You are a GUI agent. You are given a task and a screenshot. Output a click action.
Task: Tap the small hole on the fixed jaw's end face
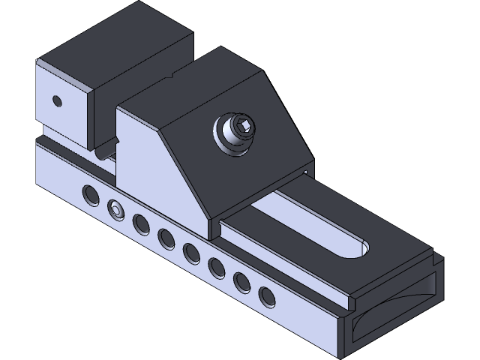[55, 99]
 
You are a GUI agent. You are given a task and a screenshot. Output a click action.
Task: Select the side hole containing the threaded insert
[115, 209]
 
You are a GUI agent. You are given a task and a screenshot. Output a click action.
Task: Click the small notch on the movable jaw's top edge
[173, 75]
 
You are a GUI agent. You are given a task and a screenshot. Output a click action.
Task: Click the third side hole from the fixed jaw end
[140, 223]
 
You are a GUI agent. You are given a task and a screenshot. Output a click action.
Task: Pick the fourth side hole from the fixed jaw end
[166, 238]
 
